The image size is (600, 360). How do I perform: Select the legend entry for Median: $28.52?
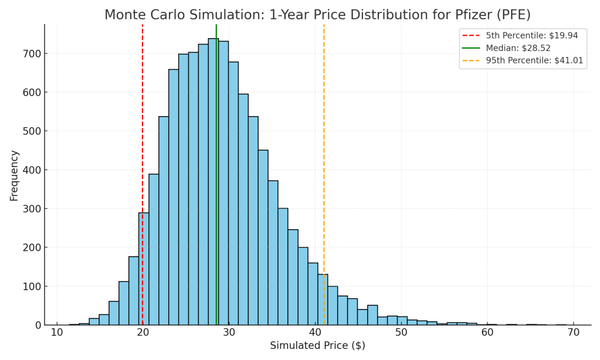518,48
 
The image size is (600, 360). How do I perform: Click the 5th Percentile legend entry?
531,36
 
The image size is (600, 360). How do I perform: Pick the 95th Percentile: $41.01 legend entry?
534,60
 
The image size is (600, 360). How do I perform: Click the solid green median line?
216,176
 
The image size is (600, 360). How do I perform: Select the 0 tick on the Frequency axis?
36,325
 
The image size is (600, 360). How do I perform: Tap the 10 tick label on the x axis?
57,332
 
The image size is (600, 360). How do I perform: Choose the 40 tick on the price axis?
316,332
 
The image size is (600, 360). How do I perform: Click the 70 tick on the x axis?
574,332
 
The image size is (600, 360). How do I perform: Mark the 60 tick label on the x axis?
487,332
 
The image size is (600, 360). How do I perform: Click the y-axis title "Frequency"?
14,175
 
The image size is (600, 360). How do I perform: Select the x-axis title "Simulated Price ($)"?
317,346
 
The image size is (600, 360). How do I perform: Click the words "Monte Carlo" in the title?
140,15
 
